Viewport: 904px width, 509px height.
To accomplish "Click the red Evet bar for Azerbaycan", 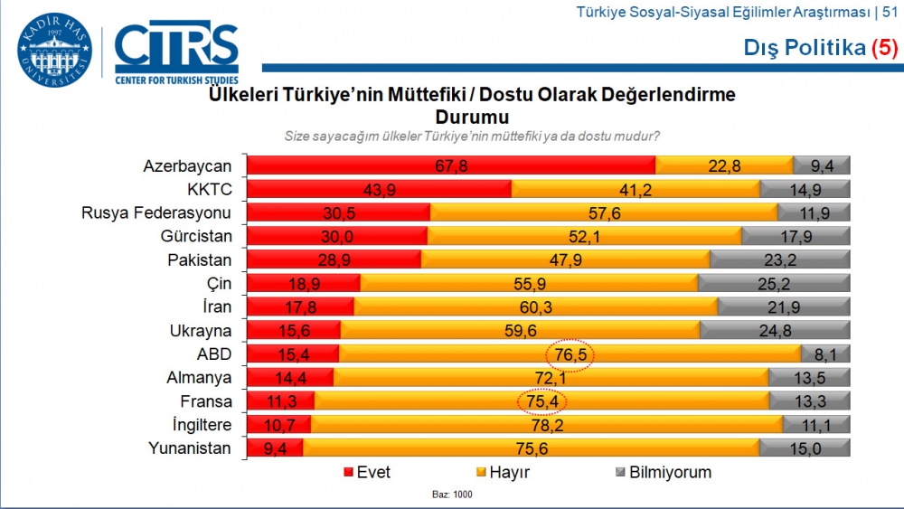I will click(x=450, y=165).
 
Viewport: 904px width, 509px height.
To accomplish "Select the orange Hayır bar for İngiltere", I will click(x=547, y=425).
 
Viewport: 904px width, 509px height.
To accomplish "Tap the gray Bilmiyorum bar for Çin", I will click(x=774, y=283).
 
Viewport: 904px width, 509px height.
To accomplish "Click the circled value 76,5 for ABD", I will click(x=570, y=354).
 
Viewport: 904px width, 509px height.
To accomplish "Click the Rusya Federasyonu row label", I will click(x=156, y=213).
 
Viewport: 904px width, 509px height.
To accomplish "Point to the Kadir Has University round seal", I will click(x=54, y=52).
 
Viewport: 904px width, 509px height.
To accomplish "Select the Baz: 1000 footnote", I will click(x=451, y=495).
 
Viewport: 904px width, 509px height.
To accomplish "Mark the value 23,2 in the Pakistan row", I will click(x=779, y=260).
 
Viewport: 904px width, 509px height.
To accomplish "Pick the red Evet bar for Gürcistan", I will click(x=336, y=237).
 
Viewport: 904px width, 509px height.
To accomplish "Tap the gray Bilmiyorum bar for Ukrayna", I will click(x=775, y=331).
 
